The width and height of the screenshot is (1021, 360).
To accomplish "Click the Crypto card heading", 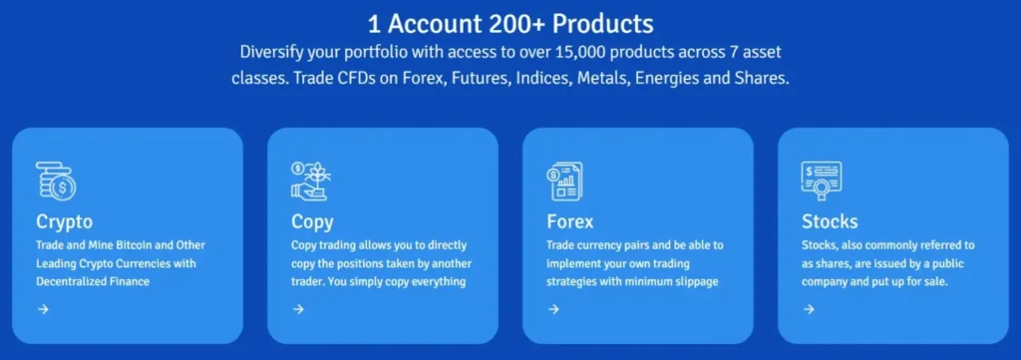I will coord(64,221).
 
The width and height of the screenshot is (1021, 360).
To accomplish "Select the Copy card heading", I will coord(312,221).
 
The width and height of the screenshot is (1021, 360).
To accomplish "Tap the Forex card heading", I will coord(570,221).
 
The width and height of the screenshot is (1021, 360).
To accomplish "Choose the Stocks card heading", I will coord(830,221).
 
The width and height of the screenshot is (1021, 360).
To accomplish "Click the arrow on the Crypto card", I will coord(43,309).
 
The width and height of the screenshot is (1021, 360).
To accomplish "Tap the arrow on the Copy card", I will coord(298,309).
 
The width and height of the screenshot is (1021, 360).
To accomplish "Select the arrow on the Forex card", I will coord(553,309).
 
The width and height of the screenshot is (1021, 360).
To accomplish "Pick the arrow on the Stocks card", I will coord(809,309).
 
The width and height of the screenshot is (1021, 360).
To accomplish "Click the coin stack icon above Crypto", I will coord(55,180).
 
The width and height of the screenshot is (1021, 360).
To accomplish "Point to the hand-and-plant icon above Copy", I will coord(309,180).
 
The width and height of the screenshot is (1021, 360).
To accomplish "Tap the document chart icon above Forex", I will coord(564,180).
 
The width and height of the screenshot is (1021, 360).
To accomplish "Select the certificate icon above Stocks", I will coord(821,180).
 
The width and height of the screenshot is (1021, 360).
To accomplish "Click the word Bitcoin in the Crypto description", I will coord(137,245).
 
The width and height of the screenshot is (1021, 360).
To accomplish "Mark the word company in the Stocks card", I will coord(830,280).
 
